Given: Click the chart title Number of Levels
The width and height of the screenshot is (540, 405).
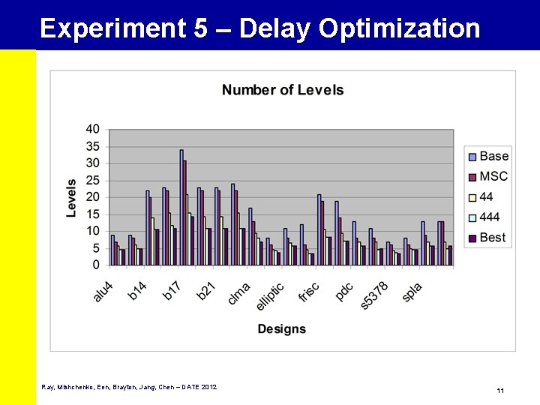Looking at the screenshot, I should [283, 90].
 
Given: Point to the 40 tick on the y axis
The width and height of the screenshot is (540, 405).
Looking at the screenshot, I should [93, 130].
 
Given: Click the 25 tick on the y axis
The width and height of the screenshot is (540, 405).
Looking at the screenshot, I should [93, 180].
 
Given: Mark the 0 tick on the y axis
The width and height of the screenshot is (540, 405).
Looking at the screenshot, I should [97, 265].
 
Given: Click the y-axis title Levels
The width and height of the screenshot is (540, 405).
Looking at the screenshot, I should [72, 197].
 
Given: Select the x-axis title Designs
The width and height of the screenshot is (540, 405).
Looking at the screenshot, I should [282, 328].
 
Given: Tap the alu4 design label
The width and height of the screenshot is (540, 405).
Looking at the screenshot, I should [103, 291].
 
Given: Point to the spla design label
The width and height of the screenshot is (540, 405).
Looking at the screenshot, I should [412, 291].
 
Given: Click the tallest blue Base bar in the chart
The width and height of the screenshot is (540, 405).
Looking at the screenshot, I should [181, 207].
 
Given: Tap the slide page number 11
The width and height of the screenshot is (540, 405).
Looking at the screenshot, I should [499, 391].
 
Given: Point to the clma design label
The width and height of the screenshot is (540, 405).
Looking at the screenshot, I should [238, 292].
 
